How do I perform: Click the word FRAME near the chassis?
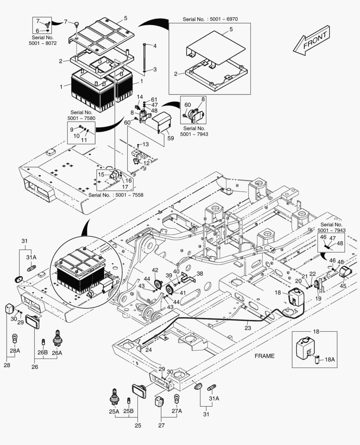pos(264,356)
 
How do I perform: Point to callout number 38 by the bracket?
pos(200,273)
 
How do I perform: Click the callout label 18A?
pos(330,360)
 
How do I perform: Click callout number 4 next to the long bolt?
pos(155,46)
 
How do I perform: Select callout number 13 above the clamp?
pos(146,144)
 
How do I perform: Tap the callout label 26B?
pos(43,352)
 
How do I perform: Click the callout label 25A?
pos(114,411)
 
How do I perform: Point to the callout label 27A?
pos(177,411)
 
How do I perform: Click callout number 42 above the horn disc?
pos(155,270)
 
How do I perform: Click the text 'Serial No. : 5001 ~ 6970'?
pos(210,19)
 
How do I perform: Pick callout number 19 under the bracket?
pos(318,298)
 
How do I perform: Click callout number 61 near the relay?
pos(154,99)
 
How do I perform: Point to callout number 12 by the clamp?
pos(147,163)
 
